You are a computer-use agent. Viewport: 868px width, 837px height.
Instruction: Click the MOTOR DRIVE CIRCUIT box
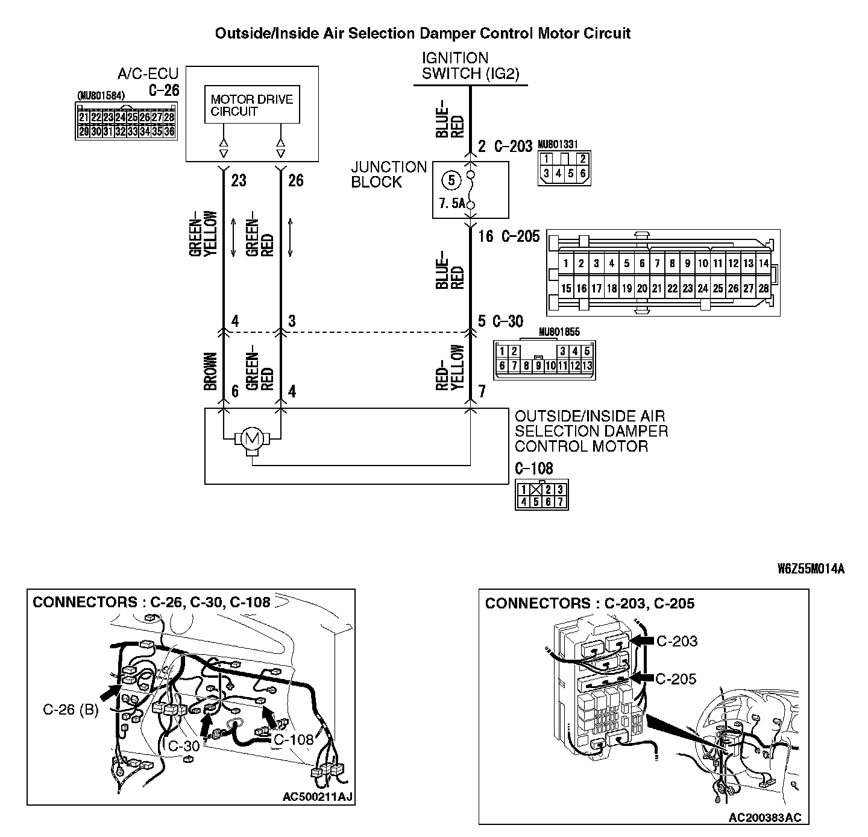[252, 106]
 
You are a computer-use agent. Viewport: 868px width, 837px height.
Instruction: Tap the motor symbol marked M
[251, 438]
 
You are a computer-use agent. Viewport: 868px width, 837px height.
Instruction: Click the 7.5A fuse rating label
[452, 204]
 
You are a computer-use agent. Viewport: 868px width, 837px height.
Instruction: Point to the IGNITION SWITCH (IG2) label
[470, 66]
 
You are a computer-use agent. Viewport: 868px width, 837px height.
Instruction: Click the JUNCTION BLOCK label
[389, 174]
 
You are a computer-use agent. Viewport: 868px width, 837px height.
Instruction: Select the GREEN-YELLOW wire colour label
[204, 233]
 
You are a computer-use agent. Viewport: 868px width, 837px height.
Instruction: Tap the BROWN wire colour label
[210, 371]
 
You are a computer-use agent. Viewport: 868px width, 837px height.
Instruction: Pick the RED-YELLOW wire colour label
[451, 367]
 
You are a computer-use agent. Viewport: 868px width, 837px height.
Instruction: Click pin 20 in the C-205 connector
[642, 289]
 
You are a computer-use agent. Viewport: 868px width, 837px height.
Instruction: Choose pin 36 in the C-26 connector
[169, 131]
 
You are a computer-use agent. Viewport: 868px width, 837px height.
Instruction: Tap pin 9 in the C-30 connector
[538, 365]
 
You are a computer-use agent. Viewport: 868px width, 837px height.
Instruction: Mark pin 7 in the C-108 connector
[561, 501]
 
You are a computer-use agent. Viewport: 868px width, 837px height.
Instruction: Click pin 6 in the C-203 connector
[582, 174]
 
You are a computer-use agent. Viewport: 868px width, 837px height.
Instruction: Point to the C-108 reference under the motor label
[533, 468]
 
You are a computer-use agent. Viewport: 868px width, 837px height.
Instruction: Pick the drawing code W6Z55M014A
[811, 569]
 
